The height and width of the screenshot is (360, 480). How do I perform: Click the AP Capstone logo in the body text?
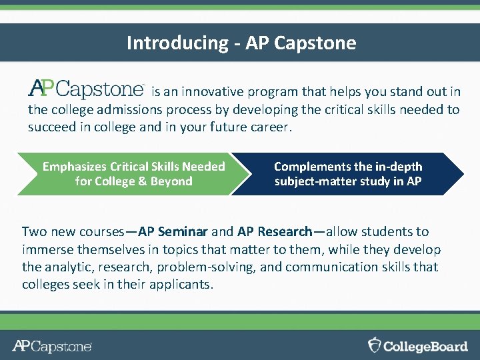pos(86,89)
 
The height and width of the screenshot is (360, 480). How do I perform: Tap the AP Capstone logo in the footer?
pos(52,346)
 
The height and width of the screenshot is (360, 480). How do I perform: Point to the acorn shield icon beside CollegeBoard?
pos(375,345)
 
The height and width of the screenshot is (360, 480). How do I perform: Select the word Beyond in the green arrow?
pos(172,181)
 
